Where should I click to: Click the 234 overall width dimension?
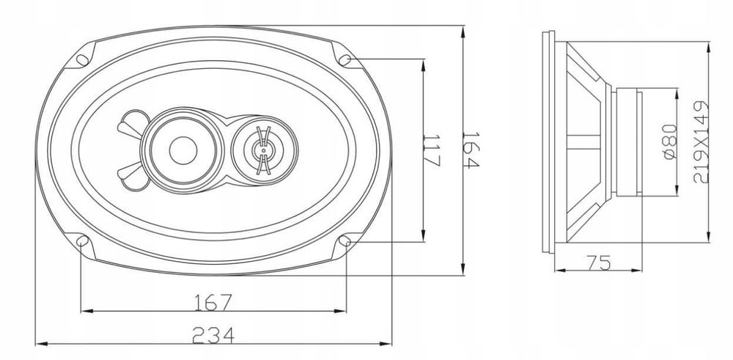(x=213, y=334)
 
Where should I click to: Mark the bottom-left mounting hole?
(x=83, y=240)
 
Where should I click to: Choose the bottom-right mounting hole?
(x=346, y=240)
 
